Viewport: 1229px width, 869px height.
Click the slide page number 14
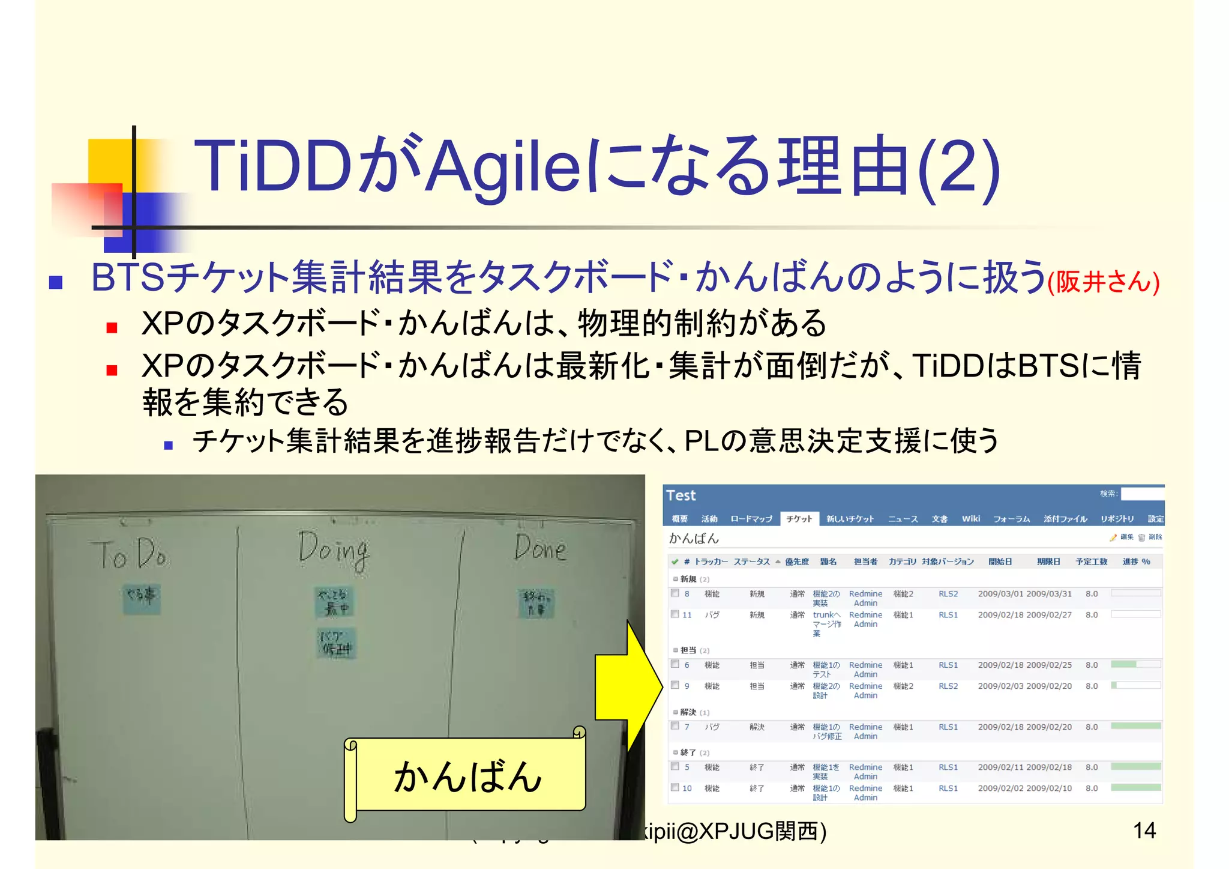click(x=1144, y=831)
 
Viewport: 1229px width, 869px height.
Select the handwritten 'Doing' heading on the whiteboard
click(x=334, y=550)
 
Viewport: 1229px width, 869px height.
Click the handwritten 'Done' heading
click(x=540, y=548)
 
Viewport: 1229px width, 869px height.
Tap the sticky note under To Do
click(x=141, y=598)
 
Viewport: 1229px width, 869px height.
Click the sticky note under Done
click(x=536, y=602)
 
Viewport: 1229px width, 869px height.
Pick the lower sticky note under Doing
click(x=336, y=643)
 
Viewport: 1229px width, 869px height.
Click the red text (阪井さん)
click(x=1103, y=282)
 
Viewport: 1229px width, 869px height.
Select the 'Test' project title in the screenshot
click(x=681, y=495)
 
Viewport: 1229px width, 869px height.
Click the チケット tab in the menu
click(x=799, y=519)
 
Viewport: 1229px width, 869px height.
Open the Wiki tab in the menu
click(x=970, y=519)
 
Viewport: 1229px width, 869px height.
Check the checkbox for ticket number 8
click(x=675, y=593)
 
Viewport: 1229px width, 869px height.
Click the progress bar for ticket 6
click(x=1135, y=664)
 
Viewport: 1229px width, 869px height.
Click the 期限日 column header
click(x=1048, y=562)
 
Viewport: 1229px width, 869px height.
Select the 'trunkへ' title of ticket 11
click(x=826, y=615)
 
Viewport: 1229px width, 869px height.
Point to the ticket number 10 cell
click(x=687, y=789)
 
